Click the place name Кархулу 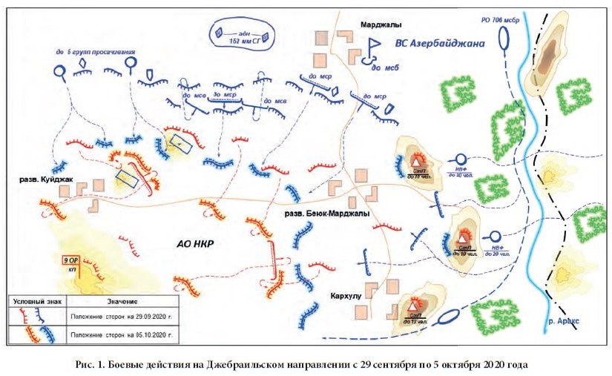click(x=342, y=295)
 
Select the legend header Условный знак click(x=36, y=301)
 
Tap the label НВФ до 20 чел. click(x=497, y=249)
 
